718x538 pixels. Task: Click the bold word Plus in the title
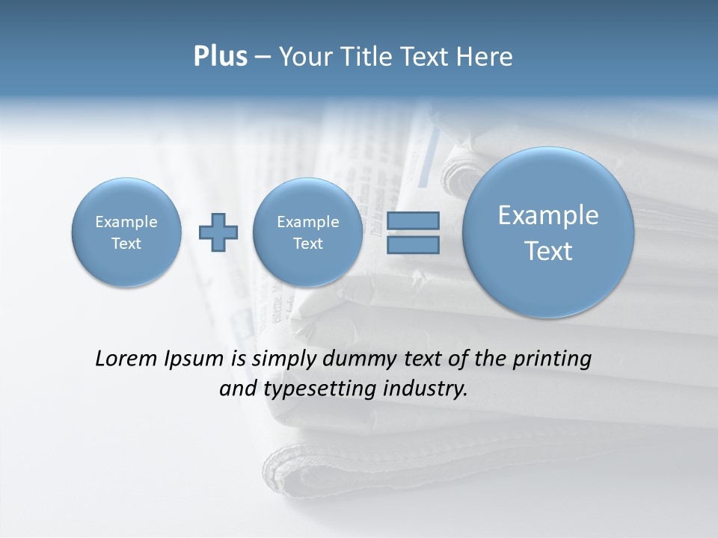221,57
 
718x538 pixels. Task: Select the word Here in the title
485,57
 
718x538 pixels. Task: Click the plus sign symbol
218,232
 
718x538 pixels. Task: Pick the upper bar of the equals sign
412,220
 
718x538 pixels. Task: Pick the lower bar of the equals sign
412,244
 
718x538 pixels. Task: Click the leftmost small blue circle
126,232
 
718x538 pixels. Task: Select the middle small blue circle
308,232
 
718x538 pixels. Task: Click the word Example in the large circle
548,215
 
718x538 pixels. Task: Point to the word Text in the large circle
548,251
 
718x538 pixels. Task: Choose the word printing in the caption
553,359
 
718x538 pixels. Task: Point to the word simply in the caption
285,359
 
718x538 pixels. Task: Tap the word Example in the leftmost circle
126,222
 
